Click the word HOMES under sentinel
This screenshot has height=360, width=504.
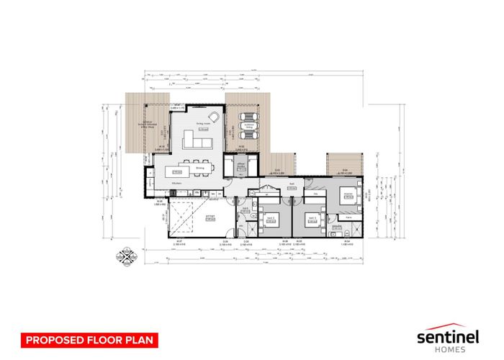click(x=454, y=350)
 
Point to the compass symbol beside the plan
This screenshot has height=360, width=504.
click(x=127, y=257)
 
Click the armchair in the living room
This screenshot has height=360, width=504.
click(x=214, y=117)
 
